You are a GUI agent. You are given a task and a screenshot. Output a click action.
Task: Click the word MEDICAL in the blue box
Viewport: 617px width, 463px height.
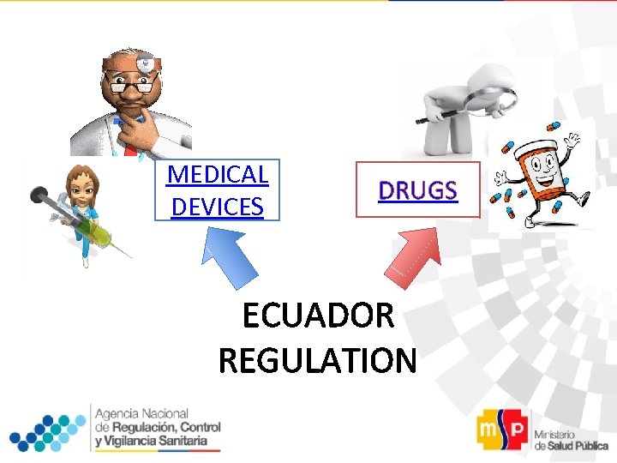pyautogui.click(x=218, y=175)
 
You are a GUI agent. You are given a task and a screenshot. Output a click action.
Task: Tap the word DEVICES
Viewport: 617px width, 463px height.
pyautogui.click(x=218, y=207)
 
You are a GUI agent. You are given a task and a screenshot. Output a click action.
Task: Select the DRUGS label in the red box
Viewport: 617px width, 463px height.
pyautogui.click(x=418, y=190)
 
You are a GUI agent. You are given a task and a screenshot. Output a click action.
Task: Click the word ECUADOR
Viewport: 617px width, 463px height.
pyautogui.click(x=318, y=316)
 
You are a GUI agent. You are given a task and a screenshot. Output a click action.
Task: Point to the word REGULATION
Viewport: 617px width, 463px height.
pyautogui.click(x=318, y=360)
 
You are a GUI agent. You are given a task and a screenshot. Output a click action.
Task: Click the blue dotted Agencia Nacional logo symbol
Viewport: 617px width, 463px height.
pyautogui.click(x=47, y=430)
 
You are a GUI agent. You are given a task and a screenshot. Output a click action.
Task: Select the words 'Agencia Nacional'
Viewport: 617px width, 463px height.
pyautogui.click(x=142, y=414)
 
